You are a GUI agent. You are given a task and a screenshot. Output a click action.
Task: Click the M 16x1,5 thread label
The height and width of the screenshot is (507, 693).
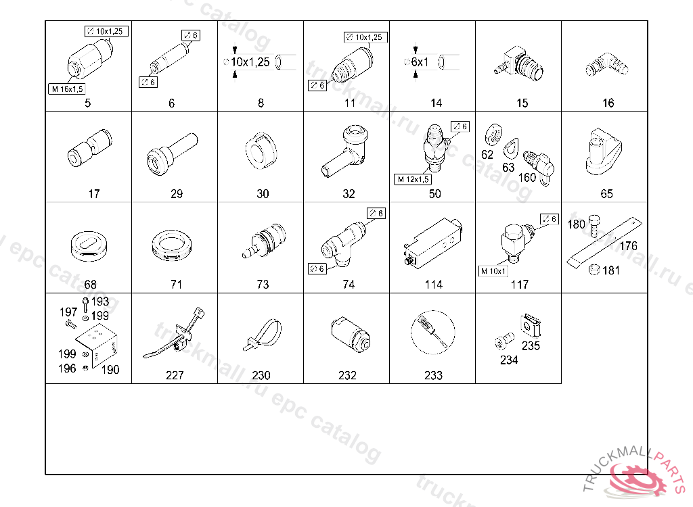point(67,89)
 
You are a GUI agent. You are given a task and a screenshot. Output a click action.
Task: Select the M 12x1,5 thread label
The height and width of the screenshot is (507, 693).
point(413,179)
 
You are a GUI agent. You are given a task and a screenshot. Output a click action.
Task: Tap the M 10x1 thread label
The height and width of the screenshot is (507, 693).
point(493,271)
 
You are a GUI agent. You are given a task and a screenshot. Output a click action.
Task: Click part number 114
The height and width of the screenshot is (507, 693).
point(434,285)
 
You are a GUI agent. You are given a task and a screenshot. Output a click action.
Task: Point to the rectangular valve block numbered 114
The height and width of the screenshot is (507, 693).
point(432,243)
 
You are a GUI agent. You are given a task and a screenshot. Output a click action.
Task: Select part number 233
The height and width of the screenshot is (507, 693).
point(433,375)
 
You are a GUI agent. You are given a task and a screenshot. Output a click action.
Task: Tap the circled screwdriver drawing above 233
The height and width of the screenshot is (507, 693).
point(432,333)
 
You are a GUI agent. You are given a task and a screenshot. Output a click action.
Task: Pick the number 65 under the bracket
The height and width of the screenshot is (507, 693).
point(606,194)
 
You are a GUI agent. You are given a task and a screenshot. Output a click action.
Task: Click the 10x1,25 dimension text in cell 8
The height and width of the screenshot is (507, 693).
point(250,62)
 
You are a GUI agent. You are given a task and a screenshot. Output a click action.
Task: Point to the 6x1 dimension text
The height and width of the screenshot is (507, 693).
point(420,62)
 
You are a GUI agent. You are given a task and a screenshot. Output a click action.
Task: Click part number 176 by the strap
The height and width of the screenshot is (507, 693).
point(628,246)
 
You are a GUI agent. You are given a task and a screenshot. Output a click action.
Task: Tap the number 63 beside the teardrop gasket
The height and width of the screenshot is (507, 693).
point(508,168)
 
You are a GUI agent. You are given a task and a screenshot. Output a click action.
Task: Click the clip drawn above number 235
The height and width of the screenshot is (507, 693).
point(531,325)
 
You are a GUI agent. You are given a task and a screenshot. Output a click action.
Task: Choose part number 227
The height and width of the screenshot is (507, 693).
point(175,375)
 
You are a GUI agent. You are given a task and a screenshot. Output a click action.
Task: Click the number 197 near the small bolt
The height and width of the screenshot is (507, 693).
point(68,312)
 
